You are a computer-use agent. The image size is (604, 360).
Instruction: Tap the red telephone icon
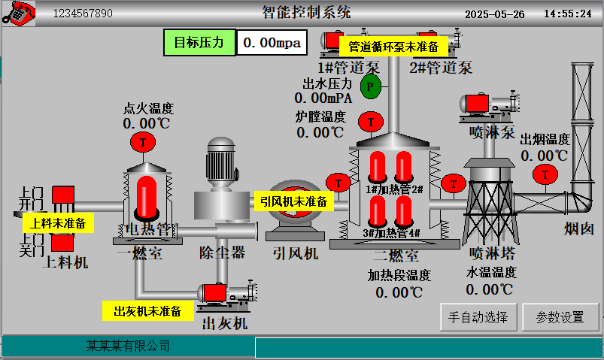click(19, 13)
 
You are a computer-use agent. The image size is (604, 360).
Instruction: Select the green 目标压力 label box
click(199, 42)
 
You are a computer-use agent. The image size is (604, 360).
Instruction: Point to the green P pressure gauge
click(370, 86)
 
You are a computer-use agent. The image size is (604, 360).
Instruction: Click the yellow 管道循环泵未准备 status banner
click(393, 47)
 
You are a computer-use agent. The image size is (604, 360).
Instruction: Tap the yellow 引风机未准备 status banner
click(293, 201)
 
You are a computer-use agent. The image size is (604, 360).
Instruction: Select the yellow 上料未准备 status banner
click(59, 222)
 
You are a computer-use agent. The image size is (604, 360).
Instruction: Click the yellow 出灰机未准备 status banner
click(147, 310)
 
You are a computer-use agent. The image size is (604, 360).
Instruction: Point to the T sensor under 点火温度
click(142, 141)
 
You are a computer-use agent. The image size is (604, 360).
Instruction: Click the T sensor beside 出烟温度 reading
click(542, 174)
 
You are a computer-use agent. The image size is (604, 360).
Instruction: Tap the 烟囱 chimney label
click(579, 228)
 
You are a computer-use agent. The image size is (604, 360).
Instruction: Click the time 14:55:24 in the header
click(567, 14)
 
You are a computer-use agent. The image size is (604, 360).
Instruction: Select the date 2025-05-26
click(494, 14)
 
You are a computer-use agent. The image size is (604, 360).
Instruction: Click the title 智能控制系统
click(305, 12)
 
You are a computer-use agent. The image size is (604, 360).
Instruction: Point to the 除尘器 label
click(222, 253)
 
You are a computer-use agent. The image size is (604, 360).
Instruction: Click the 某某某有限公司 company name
click(127, 346)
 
